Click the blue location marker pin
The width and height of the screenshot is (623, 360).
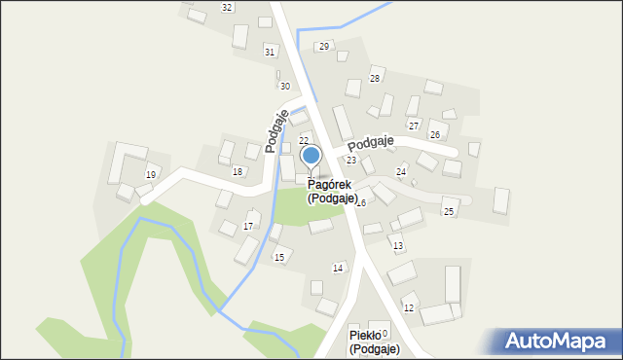(311, 156)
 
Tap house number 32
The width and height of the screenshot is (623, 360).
(227, 8)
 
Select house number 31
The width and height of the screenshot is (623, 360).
(270, 52)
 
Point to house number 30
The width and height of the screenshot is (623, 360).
(284, 87)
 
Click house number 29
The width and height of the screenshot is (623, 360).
(324, 46)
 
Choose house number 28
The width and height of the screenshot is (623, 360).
(374, 79)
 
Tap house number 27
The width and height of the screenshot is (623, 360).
(413, 126)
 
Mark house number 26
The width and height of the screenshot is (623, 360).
(435, 134)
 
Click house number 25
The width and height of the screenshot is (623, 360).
(449, 211)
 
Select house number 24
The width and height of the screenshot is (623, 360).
(400, 172)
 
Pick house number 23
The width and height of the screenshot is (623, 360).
(351, 160)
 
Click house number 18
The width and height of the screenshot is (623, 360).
(238, 172)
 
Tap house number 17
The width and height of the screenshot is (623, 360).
(248, 227)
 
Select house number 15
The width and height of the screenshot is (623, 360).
(279, 258)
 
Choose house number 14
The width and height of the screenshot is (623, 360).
(338, 268)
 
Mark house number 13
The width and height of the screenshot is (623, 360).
(397, 246)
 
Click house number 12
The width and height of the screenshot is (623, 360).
(409, 308)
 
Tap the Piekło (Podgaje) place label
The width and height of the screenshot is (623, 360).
(375, 342)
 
